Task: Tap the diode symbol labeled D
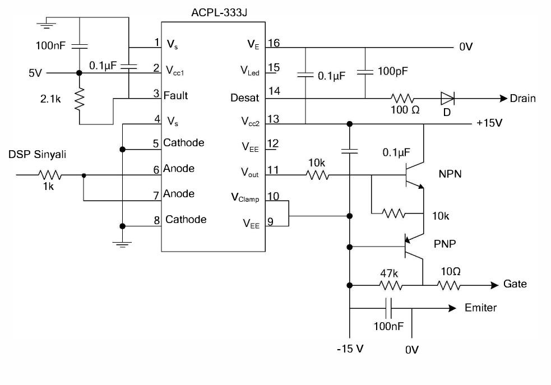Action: (x=447, y=99)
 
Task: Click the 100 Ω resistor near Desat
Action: (x=402, y=99)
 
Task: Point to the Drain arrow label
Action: (x=522, y=99)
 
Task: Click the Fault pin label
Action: (x=175, y=95)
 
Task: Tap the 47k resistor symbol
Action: (x=391, y=285)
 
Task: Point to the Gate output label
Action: (x=515, y=284)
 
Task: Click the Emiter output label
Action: (x=480, y=308)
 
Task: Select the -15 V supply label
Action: (x=350, y=349)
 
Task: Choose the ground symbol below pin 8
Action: (x=122, y=243)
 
